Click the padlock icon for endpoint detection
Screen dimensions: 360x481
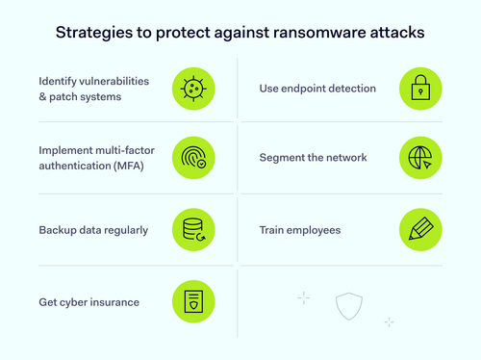419,89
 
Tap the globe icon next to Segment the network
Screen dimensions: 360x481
419,158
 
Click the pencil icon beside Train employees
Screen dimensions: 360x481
419,231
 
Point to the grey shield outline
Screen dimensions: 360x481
349,306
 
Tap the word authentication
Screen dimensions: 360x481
72,165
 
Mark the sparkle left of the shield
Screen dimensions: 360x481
303,297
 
